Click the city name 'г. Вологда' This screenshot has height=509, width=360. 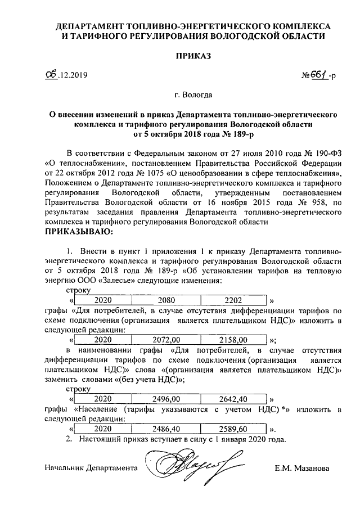pos(193,96)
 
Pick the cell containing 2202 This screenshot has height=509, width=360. pos(232,300)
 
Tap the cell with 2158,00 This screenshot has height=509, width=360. pos(232,340)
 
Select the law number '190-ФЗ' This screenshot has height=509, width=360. pos(328,152)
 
